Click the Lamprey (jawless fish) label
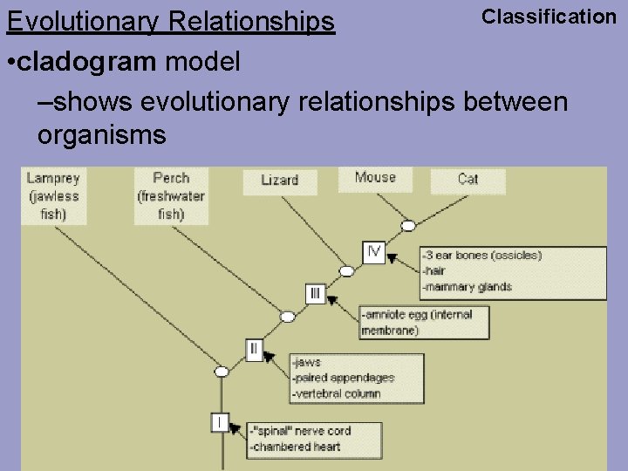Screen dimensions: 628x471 pos(53,195)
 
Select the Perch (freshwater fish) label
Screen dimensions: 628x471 pos(171,195)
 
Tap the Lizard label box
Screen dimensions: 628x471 pos(280,180)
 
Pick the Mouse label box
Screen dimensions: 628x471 pos(375,177)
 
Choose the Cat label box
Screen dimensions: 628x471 pos(468,179)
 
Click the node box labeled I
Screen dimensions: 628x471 pos(221,422)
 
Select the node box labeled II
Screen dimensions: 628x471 pos(254,350)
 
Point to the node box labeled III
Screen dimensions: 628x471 pos(315,294)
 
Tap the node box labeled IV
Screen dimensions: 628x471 pos(373,252)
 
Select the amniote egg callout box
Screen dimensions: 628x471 pos(424,322)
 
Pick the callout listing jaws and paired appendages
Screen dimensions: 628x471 pos(357,378)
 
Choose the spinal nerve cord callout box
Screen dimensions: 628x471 pos(314,439)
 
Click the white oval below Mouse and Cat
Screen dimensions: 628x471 pos(407,226)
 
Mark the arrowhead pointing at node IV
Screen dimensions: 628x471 pos(392,257)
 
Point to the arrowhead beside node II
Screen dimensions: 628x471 pos(269,356)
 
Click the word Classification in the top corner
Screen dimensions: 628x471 pos(549,16)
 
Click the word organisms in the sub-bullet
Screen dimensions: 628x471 pos(101,134)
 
